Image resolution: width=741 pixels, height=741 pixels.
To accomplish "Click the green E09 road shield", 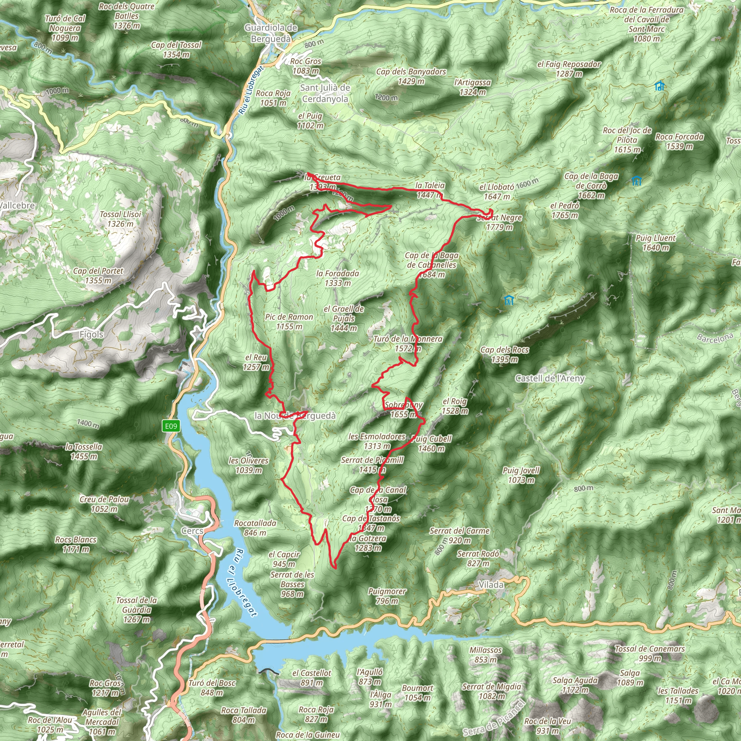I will coord(171,426).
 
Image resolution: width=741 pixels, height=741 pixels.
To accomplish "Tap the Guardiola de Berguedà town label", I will coord(271,33).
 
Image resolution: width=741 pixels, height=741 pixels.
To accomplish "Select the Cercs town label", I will coord(192,531).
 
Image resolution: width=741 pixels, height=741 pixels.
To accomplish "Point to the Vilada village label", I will coord(491,585).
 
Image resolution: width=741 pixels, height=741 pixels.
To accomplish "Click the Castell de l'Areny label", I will coord(550,378).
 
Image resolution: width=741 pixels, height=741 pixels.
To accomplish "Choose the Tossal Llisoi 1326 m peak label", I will coord(120,219).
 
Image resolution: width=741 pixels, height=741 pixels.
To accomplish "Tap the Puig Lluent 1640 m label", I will coord(656,243).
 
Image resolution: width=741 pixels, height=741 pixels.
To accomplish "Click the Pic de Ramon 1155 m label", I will coord(289,322).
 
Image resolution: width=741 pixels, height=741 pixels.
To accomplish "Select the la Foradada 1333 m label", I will coord(338,278).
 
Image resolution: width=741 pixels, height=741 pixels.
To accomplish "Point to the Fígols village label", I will coord(91,334).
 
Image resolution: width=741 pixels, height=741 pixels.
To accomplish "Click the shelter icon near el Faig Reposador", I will coord(659,86).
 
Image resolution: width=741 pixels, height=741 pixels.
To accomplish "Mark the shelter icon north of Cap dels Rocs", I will coord(509,300).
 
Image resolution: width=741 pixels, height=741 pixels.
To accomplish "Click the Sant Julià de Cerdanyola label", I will coord(325,93).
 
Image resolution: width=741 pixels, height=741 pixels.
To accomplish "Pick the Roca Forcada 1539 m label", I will coord(679,141).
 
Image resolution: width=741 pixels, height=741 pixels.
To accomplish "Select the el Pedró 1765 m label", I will coord(564,211).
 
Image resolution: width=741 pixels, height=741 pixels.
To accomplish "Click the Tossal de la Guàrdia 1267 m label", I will coord(136,610).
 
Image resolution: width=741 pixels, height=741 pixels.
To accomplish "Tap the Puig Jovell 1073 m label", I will coord(521,475).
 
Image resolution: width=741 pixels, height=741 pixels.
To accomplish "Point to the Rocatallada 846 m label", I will coord(255,528).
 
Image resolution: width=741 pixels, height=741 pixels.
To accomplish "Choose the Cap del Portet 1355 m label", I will coord(98,275).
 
